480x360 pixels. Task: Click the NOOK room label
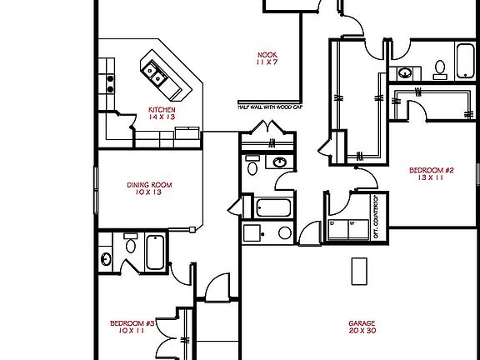(267, 55)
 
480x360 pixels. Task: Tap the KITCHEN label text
(162, 109)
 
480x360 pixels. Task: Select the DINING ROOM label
(149, 185)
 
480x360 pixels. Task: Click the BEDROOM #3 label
(133, 322)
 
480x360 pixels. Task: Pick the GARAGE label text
(362, 322)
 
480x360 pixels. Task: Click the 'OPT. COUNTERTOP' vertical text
(377, 216)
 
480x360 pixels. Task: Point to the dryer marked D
(333, 223)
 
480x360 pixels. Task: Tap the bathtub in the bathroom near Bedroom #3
(156, 252)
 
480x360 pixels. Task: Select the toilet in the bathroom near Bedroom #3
(131, 244)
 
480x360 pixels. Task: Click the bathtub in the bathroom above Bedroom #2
(463, 60)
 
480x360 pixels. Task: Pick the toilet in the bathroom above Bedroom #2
(439, 66)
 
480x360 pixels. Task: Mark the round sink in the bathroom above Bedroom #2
(404, 72)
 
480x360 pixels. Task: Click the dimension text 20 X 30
(362, 331)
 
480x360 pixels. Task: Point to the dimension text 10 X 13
(149, 192)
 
